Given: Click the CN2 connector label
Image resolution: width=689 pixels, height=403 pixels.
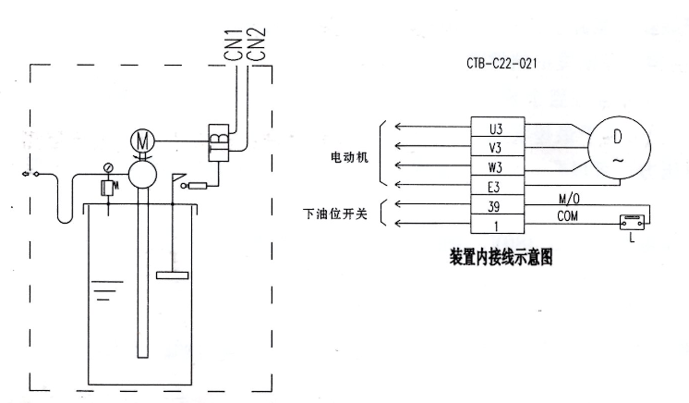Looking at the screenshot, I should coord(259,43).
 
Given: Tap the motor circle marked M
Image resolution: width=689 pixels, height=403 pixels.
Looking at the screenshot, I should coord(142,140).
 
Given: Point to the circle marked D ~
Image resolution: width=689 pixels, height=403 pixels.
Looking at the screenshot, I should coord(617,147).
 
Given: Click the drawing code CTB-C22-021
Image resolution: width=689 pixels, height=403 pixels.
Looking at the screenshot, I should coord(502,65).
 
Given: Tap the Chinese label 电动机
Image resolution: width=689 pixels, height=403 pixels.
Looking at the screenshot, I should coord(349,158).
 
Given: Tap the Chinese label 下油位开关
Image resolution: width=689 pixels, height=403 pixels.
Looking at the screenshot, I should coord(336,214).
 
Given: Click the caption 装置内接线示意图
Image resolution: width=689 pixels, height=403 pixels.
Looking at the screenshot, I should coord(501,254).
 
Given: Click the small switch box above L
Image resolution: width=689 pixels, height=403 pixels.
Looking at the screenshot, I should coord(631,222).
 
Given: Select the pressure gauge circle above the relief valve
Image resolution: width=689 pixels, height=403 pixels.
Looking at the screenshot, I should coord(109,167).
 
